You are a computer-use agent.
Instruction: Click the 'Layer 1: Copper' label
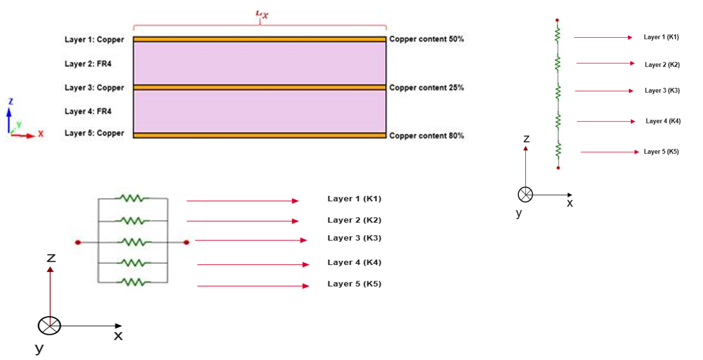pyautogui.click(x=94, y=40)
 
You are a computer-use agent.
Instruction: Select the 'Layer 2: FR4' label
pyautogui.click(x=88, y=63)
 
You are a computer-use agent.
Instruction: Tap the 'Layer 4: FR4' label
pyautogui.click(x=88, y=111)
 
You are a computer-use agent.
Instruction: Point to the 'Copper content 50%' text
pyautogui.click(x=426, y=40)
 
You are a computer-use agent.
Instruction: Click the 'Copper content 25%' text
pyautogui.click(x=426, y=88)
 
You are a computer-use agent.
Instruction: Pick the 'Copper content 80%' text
pyautogui.click(x=426, y=136)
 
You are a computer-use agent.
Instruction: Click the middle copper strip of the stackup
pyautogui.click(x=259, y=87)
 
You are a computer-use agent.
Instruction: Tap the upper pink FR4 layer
pyautogui.click(x=259, y=63)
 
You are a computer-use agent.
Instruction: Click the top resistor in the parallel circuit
pyautogui.click(x=132, y=199)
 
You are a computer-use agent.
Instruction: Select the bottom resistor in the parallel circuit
pyautogui.click(x=132, y=283)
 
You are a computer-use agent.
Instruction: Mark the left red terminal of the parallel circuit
pyautogui.click(x=77, y=242)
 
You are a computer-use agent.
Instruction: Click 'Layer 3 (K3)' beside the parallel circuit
pyautogui.click(x=354, y=238)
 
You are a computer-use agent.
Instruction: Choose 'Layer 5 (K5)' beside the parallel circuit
pyautogui.click(x=354, y=284)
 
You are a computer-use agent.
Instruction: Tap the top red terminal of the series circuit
pyautogui.click(x=558, y=19)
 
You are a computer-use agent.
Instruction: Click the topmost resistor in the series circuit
pyautogui.click(x=558, y=36)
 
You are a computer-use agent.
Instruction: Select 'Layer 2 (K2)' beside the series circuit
pyautogui.click(x=662, y=65)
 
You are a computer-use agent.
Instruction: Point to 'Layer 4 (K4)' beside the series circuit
pyautogui.click(x=663, y=121)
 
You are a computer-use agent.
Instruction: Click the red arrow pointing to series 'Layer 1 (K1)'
pyautogui.click(x=603, y=37)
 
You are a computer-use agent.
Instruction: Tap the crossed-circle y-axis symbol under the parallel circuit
pyautogui.click(x=50, y=326)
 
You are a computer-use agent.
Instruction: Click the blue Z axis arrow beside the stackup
pyautogui.click(x=9, y=114)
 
